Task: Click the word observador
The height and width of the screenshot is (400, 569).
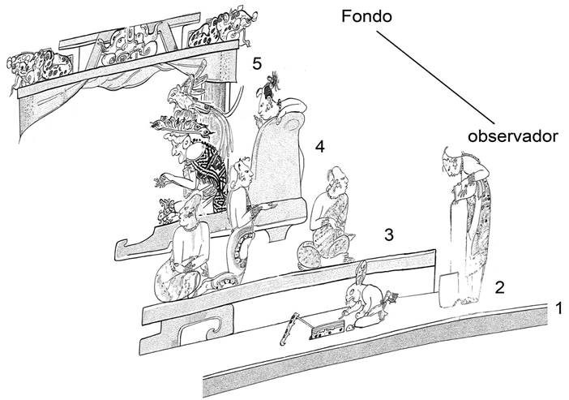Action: click(514, 136)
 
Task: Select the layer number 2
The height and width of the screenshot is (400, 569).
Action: click(500, 286)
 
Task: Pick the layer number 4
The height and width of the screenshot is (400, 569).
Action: click(320, 146)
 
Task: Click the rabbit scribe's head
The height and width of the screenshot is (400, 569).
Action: click(354, 294)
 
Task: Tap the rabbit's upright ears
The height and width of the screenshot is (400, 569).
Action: click(362, 272)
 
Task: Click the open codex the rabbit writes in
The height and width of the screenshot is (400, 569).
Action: click(325, 329)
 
